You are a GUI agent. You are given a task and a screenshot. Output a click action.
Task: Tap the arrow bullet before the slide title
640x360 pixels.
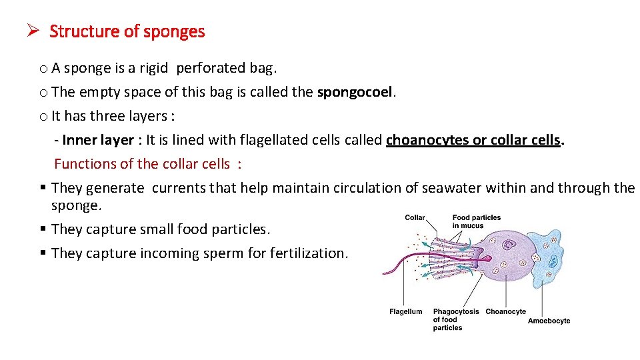point(35,31)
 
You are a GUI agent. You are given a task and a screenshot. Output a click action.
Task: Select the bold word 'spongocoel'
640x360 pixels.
point(355,92)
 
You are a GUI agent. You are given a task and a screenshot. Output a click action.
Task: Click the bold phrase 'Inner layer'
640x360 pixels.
point(98,140)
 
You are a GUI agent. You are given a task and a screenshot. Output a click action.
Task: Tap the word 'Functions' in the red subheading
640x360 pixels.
point(83,164)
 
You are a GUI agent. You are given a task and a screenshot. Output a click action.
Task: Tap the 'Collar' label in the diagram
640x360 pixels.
point(415,217)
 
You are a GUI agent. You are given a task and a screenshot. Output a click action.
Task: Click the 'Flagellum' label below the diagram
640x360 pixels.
point(405,311)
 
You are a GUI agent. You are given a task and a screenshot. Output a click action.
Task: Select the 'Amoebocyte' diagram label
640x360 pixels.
point(549,321)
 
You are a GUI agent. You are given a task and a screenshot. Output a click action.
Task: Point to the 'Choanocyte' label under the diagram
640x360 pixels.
point(505,311)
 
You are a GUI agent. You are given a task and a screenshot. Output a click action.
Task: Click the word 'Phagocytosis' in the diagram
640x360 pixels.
point(456,311)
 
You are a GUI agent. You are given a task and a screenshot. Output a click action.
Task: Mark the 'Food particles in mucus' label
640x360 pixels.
point(476,221)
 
